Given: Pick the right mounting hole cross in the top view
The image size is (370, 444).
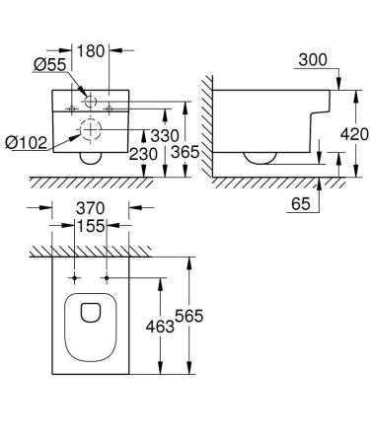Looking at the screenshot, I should [107, 278].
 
